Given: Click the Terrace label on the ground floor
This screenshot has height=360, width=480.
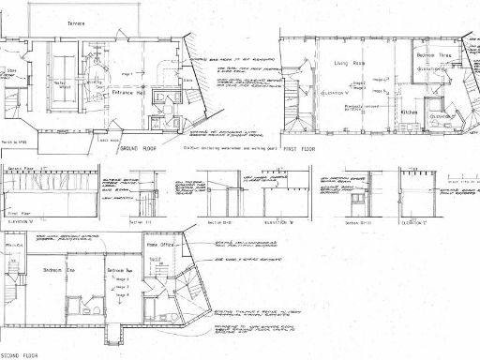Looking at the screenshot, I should click(78, 23).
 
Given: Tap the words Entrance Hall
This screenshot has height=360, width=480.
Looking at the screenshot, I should click(127, 93).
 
